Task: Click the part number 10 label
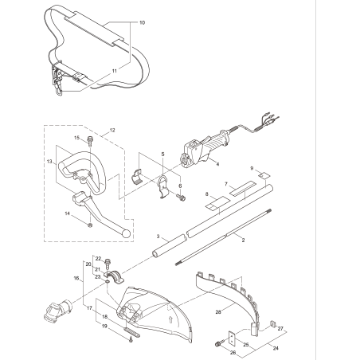[x=142, y=24]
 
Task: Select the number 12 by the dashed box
[x=112, y=129]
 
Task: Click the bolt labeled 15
[x=90, y=142]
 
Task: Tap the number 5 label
[x=162, y=153]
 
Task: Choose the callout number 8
[x=207, y=194]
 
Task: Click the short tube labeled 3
[x=167, y=248]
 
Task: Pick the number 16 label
[x=77, y=279]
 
